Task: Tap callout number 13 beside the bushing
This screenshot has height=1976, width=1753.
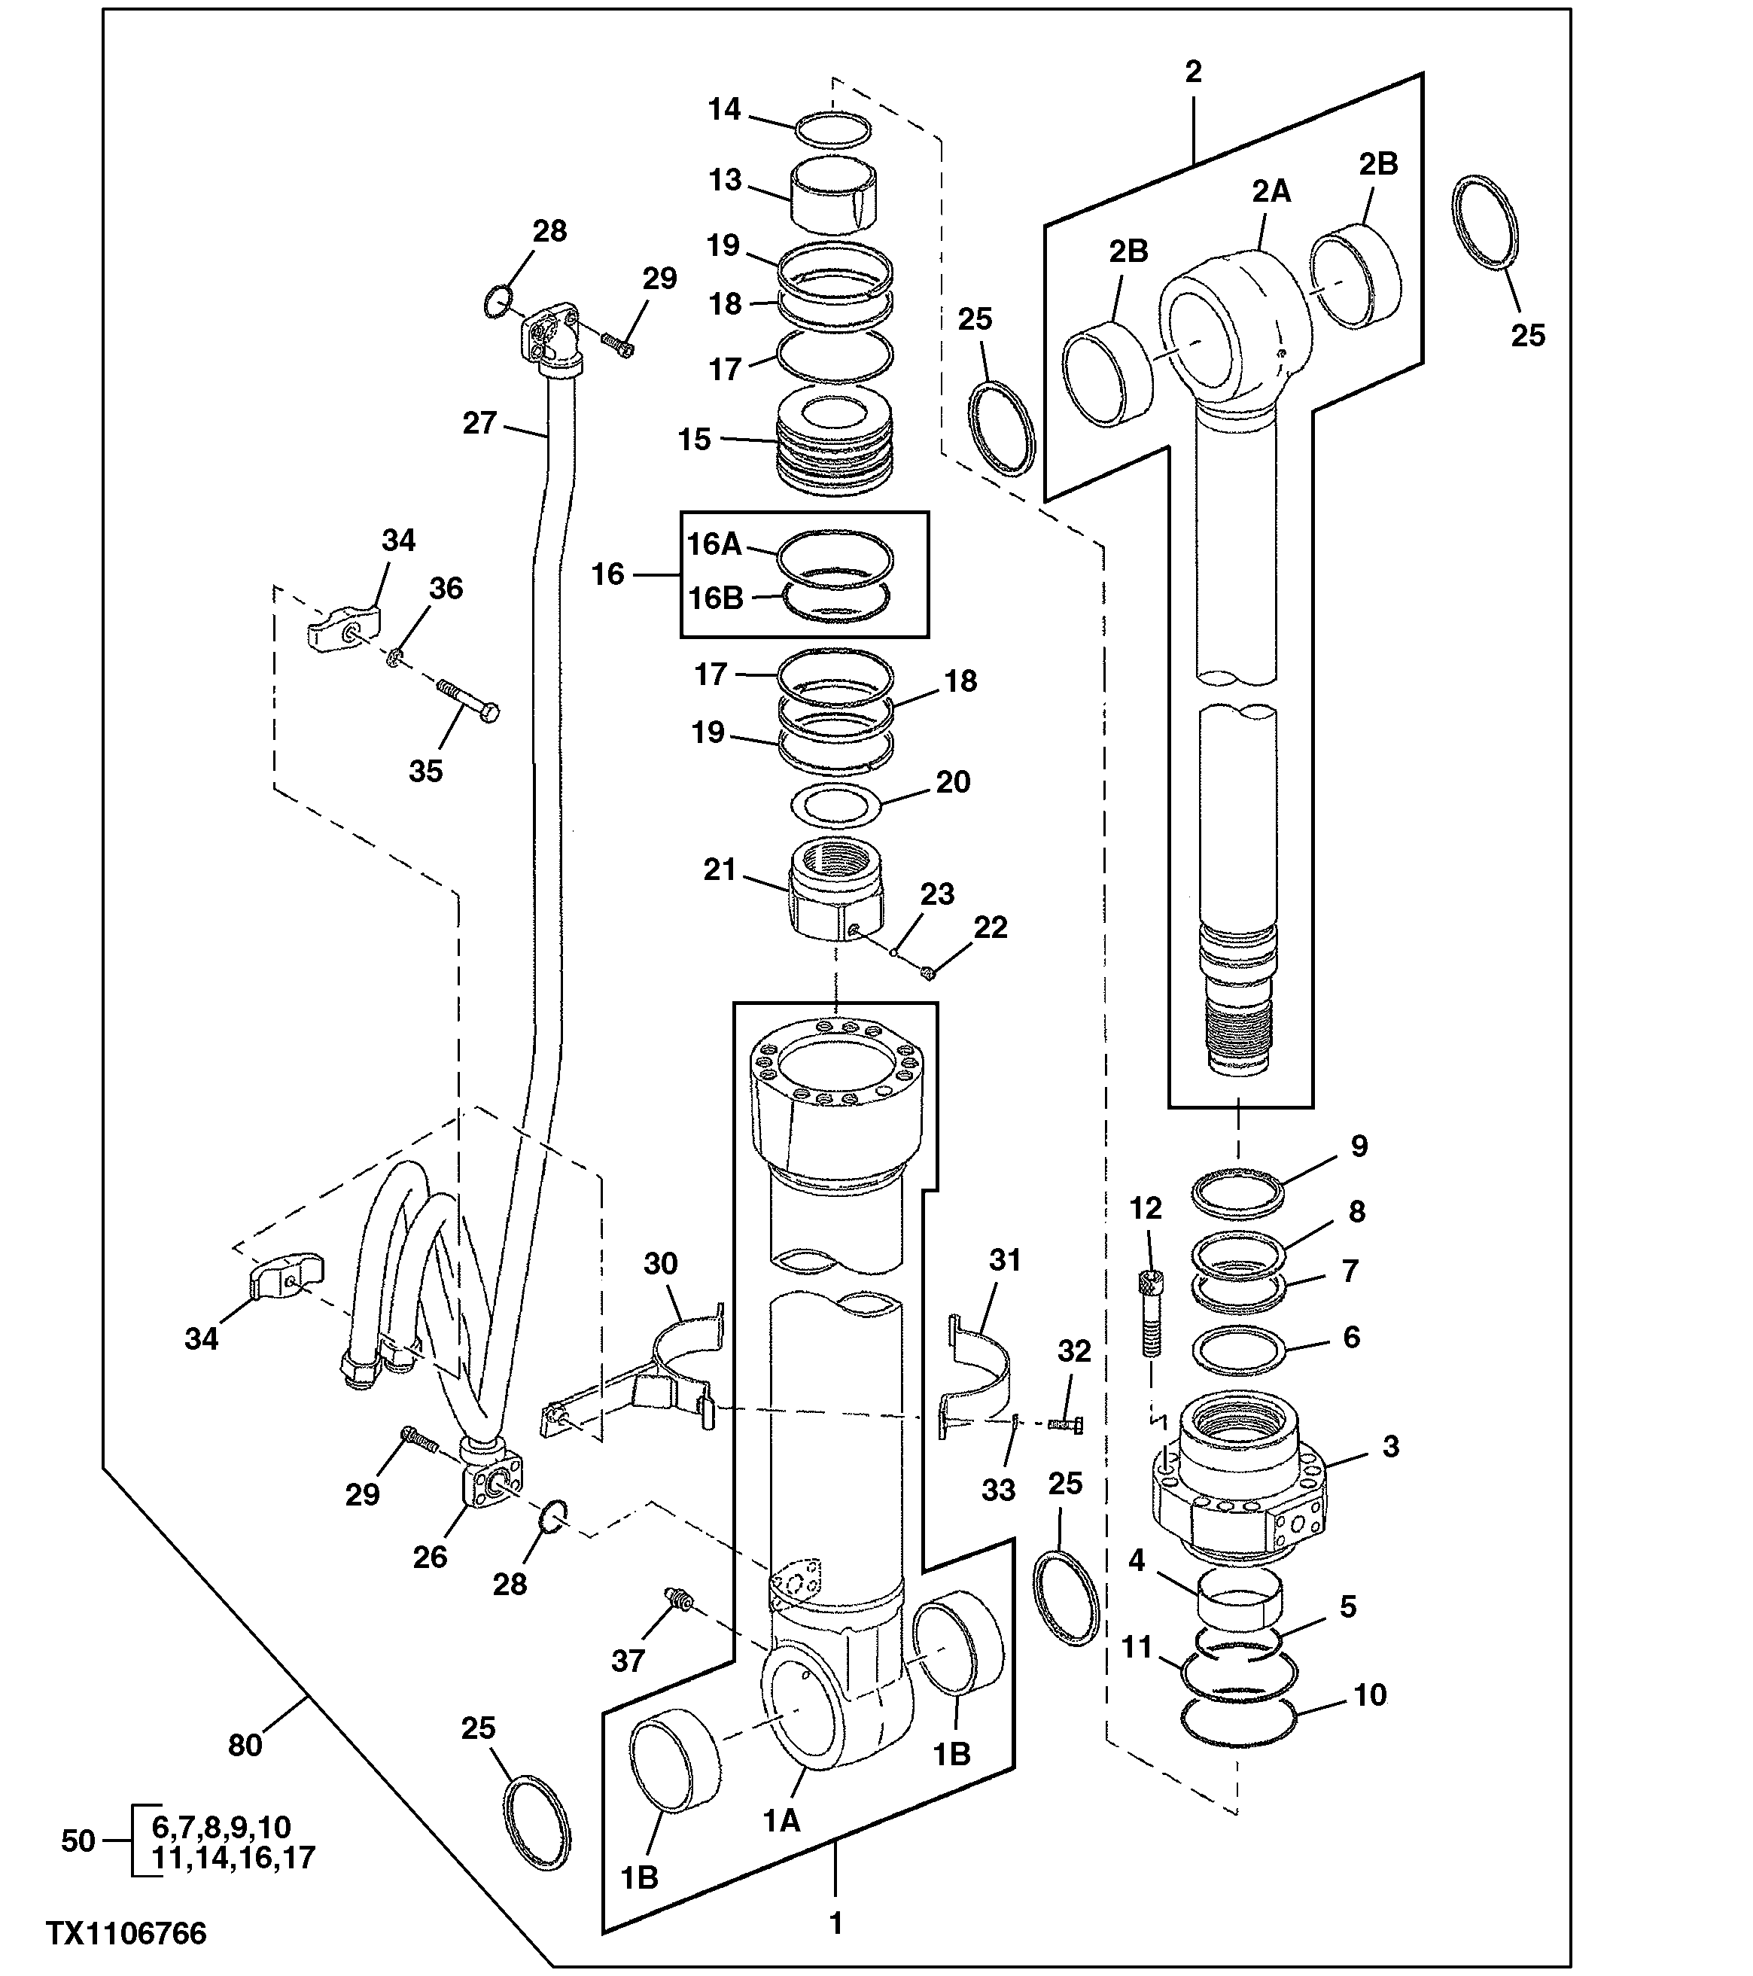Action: (725, 180)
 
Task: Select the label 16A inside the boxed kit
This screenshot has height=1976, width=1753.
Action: (714, 544)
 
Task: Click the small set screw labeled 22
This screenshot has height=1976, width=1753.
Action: (926, 973)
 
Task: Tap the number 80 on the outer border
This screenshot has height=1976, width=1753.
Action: (245, 1746)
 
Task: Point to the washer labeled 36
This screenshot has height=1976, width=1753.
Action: (395, 659)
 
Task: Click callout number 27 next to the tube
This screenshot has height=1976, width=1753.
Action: (479, 423)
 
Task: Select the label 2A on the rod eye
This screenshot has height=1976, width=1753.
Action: (1272, 191)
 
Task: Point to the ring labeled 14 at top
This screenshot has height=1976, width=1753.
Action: (834, 129)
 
